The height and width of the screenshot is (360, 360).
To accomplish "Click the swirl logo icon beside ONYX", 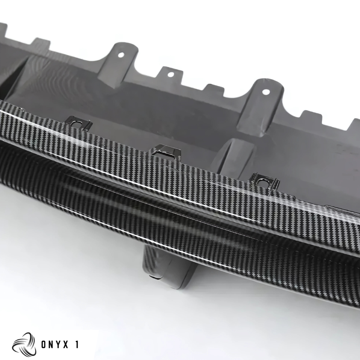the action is (24, 344).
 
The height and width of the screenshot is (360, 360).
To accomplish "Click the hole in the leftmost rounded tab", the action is (122, 55).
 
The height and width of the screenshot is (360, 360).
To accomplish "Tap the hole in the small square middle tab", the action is (171, 75).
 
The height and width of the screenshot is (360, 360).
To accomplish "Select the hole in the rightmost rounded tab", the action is (266, 92).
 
